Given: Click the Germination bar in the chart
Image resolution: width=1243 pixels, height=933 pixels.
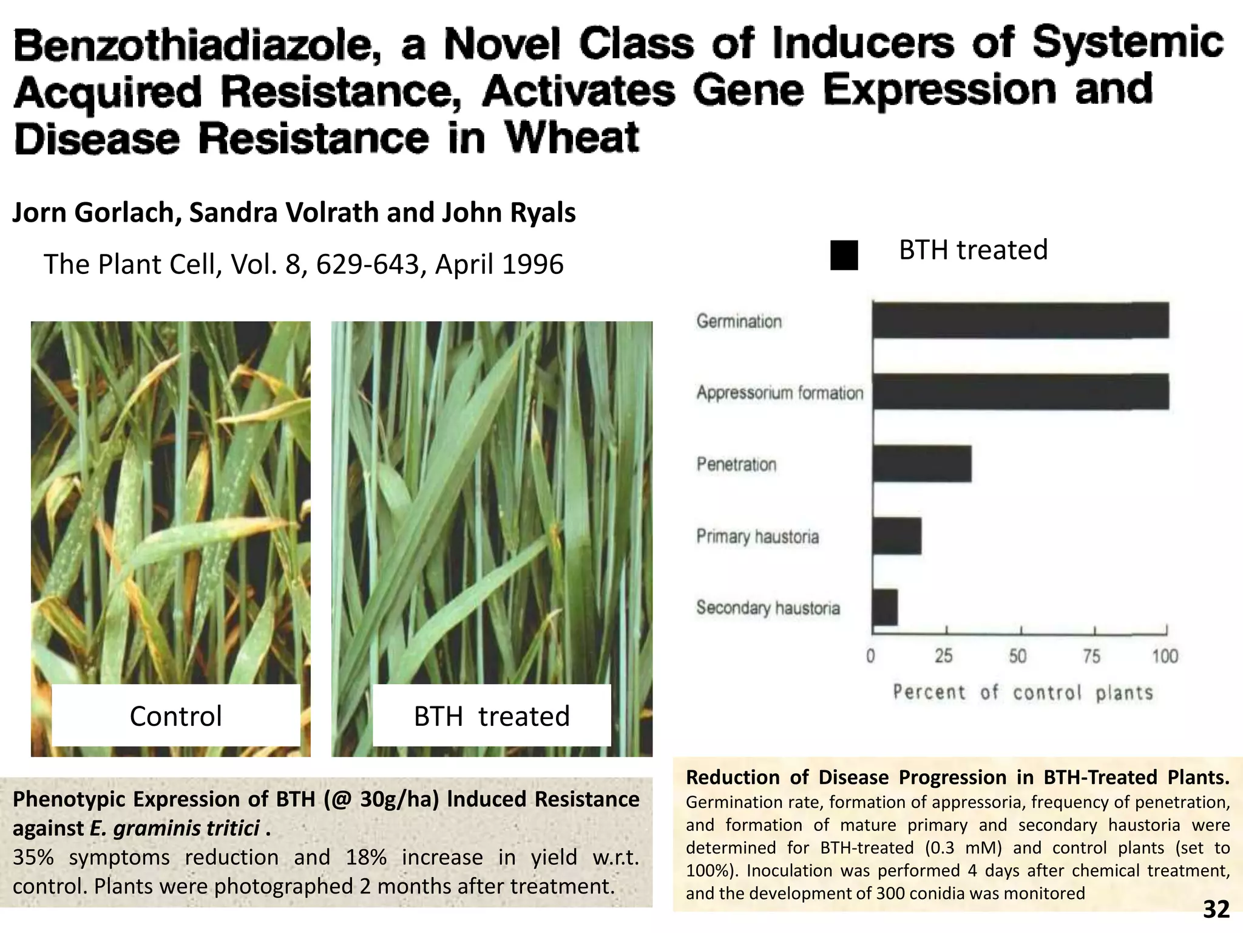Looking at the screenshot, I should point(1020,320).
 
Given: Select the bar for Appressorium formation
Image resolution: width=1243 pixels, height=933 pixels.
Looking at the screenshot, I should point(1020,392).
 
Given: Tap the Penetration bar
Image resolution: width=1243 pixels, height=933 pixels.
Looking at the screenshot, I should point(922,464).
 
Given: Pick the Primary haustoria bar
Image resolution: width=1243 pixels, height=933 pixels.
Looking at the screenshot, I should point(897,536).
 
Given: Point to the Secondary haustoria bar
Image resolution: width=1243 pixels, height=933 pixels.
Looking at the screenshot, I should point(886,607).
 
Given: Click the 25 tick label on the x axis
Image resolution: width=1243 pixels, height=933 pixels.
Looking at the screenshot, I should point(944,657).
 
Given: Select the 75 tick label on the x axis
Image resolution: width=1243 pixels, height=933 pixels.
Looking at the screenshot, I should point(1091,657).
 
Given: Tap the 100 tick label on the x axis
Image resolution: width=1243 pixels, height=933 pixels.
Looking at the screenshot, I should point(1165,657).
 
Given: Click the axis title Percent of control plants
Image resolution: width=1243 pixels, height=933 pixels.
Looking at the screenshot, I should point(1023,693).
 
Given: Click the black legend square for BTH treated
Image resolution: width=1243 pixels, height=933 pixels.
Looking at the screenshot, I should point(844,255).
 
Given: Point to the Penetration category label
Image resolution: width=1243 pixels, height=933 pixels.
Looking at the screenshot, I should point(736,465).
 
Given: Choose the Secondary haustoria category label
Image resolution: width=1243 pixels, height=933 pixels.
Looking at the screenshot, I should point(768,608).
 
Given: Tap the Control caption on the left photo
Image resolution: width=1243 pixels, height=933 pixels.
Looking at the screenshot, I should point(176,716).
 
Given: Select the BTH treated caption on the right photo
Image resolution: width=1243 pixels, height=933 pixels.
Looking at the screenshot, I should point(492,716).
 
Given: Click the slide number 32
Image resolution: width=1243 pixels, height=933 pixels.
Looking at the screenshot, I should point(1216,909).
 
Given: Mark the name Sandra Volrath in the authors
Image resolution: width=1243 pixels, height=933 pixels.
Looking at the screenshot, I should point(285,213).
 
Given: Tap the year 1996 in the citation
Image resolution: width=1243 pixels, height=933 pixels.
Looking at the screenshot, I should point(533,264).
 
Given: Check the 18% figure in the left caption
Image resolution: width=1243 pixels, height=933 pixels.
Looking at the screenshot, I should point(366,857).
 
